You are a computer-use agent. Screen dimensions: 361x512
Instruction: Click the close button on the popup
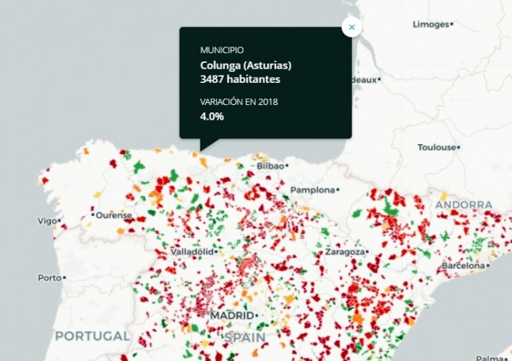(x=351, y=27)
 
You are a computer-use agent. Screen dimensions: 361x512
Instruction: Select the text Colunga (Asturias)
(x=246, y=65)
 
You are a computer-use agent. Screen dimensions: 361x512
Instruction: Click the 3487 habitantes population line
(x=240, y=79)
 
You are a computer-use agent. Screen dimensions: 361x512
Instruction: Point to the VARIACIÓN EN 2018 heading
(x=239, y=101)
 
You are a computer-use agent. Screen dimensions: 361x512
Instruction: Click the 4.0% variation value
(x=212, y=116)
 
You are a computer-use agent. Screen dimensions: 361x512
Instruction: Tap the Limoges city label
(x=431, y=24)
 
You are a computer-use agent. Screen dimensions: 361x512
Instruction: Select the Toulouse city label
(x=437, y=147)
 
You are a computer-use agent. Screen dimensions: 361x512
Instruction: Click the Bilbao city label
(x=271, y=166)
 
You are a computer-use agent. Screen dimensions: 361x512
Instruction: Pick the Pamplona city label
(x=312, y=190)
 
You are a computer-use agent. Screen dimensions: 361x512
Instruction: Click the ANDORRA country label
(x=464, y=204)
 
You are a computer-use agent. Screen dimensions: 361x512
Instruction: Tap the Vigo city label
(x=46, y=220)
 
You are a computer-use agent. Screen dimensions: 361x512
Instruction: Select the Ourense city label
(x=113, y=215)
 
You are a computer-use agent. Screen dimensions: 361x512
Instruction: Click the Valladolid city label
(x=192, y=252)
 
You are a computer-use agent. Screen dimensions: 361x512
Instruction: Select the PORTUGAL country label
(x=92, y=336)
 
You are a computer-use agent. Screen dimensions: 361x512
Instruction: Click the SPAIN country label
(x=245, y=337)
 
